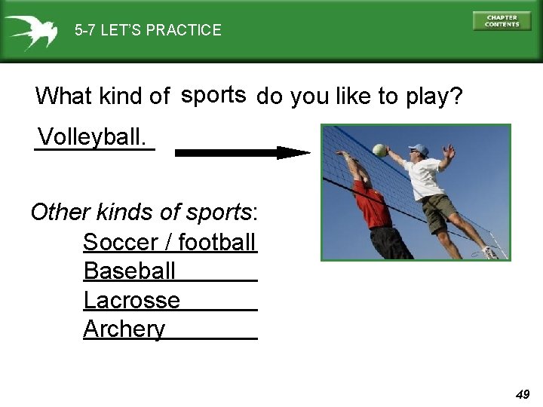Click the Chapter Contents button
(502, 20)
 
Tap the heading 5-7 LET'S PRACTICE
(148, 30)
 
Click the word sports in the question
(213, 95)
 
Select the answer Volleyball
(92, 137)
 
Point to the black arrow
(242, 152)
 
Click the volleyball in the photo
(379, 150)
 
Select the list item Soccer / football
(170, 243)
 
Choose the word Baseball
(130, 271)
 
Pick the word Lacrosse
(132, 300)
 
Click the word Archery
(124, 329)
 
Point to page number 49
(523, 394)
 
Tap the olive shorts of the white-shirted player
(438, 213)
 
